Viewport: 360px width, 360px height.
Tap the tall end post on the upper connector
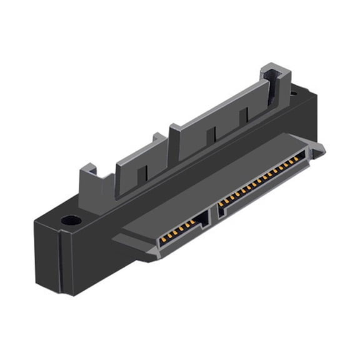pos(276,87)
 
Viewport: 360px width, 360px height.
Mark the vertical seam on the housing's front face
pos(61,262)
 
